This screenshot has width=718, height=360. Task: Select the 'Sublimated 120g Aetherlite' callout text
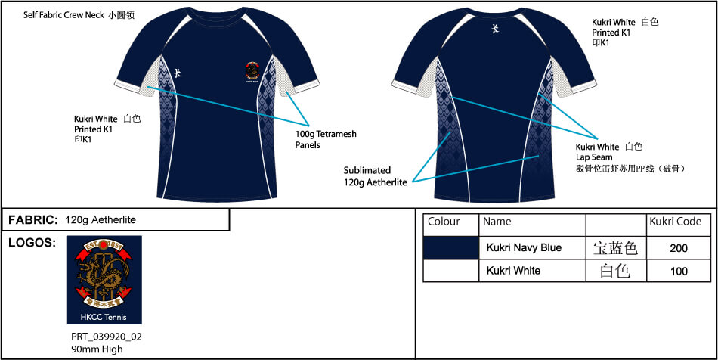coord(376,175)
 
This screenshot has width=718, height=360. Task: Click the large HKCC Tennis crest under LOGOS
coord(104,280)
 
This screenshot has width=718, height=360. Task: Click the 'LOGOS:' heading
coord(31,243)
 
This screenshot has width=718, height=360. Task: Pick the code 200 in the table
coord(679,247)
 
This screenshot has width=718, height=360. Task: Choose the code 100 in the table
coord(679,271)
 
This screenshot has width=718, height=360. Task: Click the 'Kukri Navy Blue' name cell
coord(524,247)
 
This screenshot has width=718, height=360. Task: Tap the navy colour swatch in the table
coord(451,247)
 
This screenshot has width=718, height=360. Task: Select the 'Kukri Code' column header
coord(676,222)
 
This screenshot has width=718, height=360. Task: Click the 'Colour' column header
coord(444,222)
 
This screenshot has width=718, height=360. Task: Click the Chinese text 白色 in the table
coord(614,271)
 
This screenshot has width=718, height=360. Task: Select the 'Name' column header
coord(497,222)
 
